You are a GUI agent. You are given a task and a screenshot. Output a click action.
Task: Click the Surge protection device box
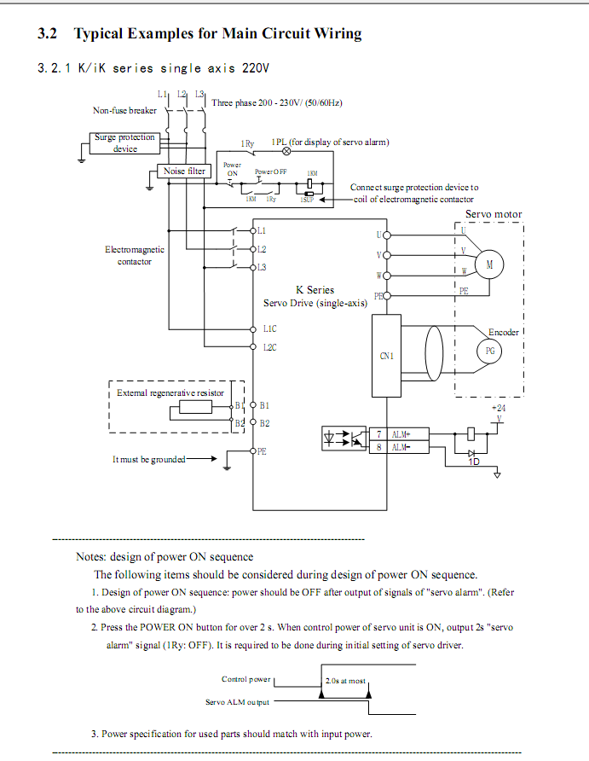124,142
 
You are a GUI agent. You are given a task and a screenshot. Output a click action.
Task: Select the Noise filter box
185,171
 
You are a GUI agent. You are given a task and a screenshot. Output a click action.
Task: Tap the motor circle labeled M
489,265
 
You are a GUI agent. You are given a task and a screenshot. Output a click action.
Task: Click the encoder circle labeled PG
489,351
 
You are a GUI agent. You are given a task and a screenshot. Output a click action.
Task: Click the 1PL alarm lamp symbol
286,151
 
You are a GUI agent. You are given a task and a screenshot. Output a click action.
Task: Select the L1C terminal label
269,328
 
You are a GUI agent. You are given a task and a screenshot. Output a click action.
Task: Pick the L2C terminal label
269,346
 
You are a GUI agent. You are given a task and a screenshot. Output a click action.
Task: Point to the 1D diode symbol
472,453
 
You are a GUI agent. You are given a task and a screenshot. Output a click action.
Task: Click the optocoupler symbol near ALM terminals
343,439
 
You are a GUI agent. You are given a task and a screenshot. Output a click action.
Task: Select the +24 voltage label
499,409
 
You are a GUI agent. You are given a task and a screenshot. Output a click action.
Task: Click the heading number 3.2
48,34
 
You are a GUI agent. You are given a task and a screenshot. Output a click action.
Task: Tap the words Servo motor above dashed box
494,214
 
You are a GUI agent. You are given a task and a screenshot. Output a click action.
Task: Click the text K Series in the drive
315,290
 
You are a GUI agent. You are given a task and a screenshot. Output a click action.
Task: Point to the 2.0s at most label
345,682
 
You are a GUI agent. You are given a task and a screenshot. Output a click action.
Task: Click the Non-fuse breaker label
124,111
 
